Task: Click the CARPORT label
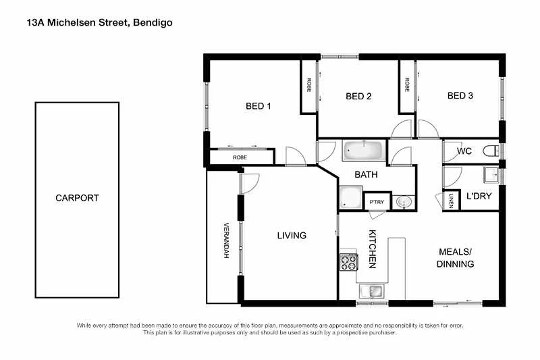pos(77,199)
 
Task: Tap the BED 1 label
pos(259,106)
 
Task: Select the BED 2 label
pos(358,96)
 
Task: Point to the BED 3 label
pos(460,96)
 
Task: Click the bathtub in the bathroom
pos(362,150)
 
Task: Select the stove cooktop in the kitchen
pos(348,261)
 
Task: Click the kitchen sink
pos(371,292)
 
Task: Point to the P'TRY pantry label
pos(375,202)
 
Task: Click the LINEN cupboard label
pos(450,201)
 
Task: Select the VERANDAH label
pos(226,240)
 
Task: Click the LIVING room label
pos(292,236)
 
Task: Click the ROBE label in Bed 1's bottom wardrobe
pos(240,157)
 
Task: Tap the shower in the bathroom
pos(350,197)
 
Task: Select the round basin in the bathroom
pos(404,201)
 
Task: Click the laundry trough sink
pos(490,176)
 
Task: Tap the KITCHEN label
pos(372,249)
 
